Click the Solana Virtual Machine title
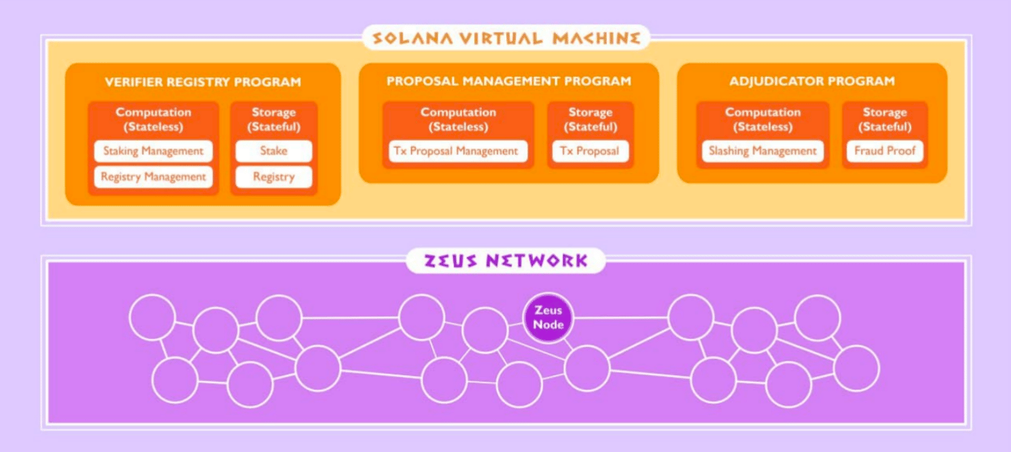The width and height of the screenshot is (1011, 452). (x=506, y=38)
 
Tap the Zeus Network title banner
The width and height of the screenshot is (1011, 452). (x=505, y=260)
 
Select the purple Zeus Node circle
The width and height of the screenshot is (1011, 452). (x=548, y=317)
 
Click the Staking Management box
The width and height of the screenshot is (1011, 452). (x=153, y=151)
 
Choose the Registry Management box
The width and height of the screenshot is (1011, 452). (x=153, y=177)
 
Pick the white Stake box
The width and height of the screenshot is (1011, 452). (x=274, y=151)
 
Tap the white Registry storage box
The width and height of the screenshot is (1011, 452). (x=274, y=177)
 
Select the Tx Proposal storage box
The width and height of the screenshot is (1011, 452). (x=591, y=151)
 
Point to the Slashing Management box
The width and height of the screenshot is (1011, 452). (x=763, y=151)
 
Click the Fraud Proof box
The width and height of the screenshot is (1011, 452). (x=884, y=151)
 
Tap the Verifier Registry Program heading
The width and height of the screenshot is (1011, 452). (x=203, y=82)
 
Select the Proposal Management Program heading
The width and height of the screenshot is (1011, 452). (x=508, y=81)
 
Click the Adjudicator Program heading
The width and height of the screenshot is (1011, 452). (x=812, y=81)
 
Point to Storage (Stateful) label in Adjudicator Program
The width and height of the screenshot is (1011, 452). (x=884, y=120)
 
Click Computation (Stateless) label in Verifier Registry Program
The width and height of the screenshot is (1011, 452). (x=153, y=120)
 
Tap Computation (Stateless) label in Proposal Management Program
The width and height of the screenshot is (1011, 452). (x=458, y=120)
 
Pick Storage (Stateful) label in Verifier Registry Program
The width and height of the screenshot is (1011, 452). (x=274, y=120)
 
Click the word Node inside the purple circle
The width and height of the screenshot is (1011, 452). (x=548, y=325)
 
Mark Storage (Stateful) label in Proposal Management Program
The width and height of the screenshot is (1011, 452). (x=591, y=120)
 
